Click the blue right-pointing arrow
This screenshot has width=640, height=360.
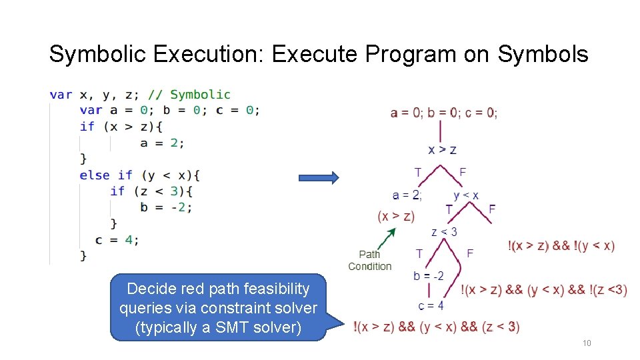click(319, 177)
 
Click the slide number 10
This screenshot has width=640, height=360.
click(587, 343)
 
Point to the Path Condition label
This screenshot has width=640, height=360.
click(369, 260)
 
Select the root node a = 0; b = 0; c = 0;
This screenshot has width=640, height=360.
click(443, 113)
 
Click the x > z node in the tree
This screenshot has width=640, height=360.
click(442, 149)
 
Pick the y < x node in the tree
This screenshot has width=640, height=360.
click(465, 195)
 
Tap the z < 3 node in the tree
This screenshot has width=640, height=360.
click(444, 232)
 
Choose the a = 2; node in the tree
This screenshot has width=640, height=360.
click(407, 195)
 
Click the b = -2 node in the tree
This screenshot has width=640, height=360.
click(428, 276)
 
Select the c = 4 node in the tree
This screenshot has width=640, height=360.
click(431, 305)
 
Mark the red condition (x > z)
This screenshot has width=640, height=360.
click(396, 216)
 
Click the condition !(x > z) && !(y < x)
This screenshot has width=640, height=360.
click(561, 246)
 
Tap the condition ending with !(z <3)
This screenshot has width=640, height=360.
click(544, 290)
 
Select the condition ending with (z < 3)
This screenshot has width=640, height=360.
click(437, 327)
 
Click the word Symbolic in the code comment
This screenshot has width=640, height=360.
click(200, 95)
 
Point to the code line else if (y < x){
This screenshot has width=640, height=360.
click(139, 175)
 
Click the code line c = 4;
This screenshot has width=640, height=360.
click(117, 239)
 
